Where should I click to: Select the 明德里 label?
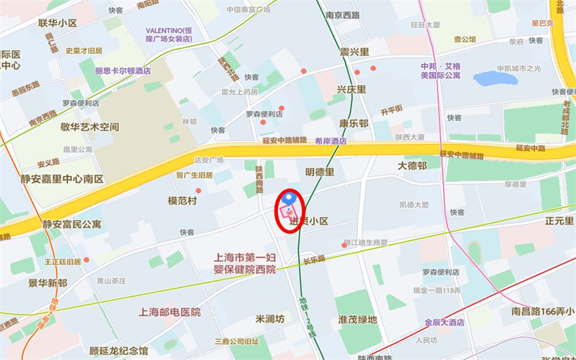point(320,172)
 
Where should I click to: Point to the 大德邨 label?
point(413,166)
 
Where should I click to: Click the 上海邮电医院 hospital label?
point(170,312)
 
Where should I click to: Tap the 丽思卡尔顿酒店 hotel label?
point(123,71)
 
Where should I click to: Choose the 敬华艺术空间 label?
point(89,127)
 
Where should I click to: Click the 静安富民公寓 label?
point(72,224)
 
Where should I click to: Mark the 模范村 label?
point(182,201)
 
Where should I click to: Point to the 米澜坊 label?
point(270,318)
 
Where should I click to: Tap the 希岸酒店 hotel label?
point(330,141)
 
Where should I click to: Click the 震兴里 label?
point(354,52)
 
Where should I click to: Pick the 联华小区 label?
point(58,23)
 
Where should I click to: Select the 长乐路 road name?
point(314,258)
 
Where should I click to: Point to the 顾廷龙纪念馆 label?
point(119,351)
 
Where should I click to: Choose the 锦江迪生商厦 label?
point(365,243)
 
